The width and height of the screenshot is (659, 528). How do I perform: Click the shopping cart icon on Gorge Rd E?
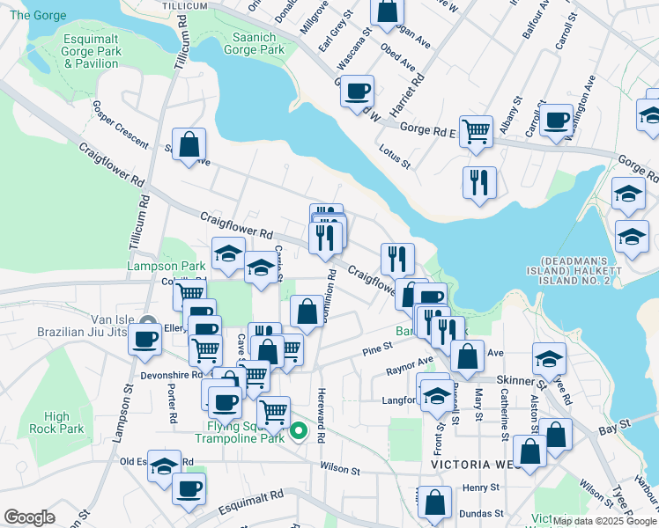pyautogui.click(x=476, y=131)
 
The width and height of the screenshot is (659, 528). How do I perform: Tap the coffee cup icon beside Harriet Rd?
pyautogui.click(x=358, y=92)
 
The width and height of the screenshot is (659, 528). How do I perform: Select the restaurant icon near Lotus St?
pyautogui.click(x=480, y=182)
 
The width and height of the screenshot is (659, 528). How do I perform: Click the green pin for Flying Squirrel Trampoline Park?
pyautogui.click(x=299, y=430)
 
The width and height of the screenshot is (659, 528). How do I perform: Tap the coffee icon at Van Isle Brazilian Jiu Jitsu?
pyautogui.click(x=145, y=338)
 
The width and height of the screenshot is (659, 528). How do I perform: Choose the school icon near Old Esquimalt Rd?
pyautogui.click(x=164, y=466)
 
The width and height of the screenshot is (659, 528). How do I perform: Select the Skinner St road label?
pyautogui.click(x=515, y=380)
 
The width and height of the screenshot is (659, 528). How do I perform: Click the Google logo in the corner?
pyautogui.click(x=29, y=517)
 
